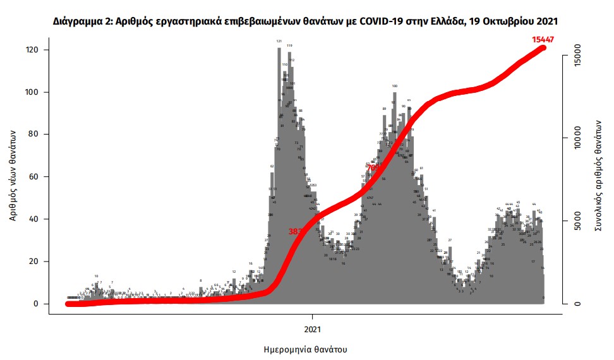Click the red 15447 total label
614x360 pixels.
click(543, 39)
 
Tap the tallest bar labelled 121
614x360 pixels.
click(279, 126)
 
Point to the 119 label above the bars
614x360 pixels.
click(289, 45)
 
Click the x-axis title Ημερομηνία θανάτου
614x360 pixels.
click(305, 349)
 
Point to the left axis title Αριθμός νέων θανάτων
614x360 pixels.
click(13, 177)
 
